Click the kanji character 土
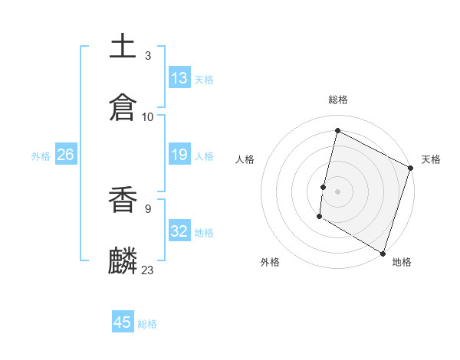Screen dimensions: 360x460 123,45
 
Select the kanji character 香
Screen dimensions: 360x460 123,201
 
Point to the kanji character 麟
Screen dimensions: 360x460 123,260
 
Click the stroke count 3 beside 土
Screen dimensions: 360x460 148,56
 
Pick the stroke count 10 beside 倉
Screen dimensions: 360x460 148,116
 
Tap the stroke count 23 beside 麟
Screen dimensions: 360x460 148,270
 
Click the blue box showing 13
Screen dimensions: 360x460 179,78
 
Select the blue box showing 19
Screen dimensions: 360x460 179,155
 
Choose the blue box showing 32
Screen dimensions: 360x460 179,231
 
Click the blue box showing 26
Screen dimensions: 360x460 65,155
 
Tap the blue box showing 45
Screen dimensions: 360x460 123,322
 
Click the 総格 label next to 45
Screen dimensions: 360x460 147,324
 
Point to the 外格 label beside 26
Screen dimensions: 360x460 41,156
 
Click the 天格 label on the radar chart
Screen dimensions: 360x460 431,159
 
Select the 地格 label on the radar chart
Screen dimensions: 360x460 402,262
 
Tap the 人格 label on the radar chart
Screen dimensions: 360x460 245,159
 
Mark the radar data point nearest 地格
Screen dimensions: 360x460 383,252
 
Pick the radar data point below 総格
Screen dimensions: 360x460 337,130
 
